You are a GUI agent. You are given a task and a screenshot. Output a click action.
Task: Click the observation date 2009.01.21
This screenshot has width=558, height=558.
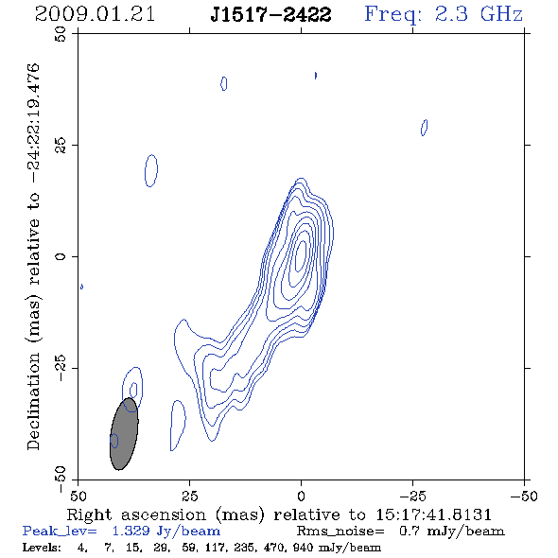point(95,14)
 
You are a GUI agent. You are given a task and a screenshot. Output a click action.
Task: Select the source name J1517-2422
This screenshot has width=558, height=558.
point(270,14)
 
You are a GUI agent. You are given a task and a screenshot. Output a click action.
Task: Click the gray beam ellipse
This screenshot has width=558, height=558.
point(124,434)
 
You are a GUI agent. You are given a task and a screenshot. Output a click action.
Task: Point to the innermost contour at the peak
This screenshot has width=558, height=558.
point(301,255)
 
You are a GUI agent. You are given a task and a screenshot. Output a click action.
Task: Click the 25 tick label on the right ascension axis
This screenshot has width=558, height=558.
point(189,496)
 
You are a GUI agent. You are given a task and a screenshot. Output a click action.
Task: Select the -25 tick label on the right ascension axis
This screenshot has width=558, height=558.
point(412,496)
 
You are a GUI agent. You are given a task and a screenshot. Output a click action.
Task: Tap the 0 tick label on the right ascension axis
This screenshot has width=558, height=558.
point(301,496)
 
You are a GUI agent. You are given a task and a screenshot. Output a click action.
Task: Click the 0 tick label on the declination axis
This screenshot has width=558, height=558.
point(61,256)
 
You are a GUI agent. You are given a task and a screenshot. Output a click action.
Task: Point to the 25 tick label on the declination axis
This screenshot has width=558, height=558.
point(61,146)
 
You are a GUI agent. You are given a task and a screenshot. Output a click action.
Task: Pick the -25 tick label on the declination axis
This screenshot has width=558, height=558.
point(61,368)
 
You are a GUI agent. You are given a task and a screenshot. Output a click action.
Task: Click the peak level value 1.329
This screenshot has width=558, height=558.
point(131,531)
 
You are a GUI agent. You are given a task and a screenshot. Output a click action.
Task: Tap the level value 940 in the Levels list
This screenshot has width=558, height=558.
point(303,547)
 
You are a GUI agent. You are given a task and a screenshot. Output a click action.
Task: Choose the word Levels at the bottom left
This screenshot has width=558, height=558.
point(42,547)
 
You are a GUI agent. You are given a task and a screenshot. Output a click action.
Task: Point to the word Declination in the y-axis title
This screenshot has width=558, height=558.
point(33,401)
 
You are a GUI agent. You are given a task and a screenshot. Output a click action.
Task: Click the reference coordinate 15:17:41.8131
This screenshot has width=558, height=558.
point(434,514)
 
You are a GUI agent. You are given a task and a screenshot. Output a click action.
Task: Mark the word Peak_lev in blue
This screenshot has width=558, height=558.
point(60,532)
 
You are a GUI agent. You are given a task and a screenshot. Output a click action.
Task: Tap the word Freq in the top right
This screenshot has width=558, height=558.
point(392,14)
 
